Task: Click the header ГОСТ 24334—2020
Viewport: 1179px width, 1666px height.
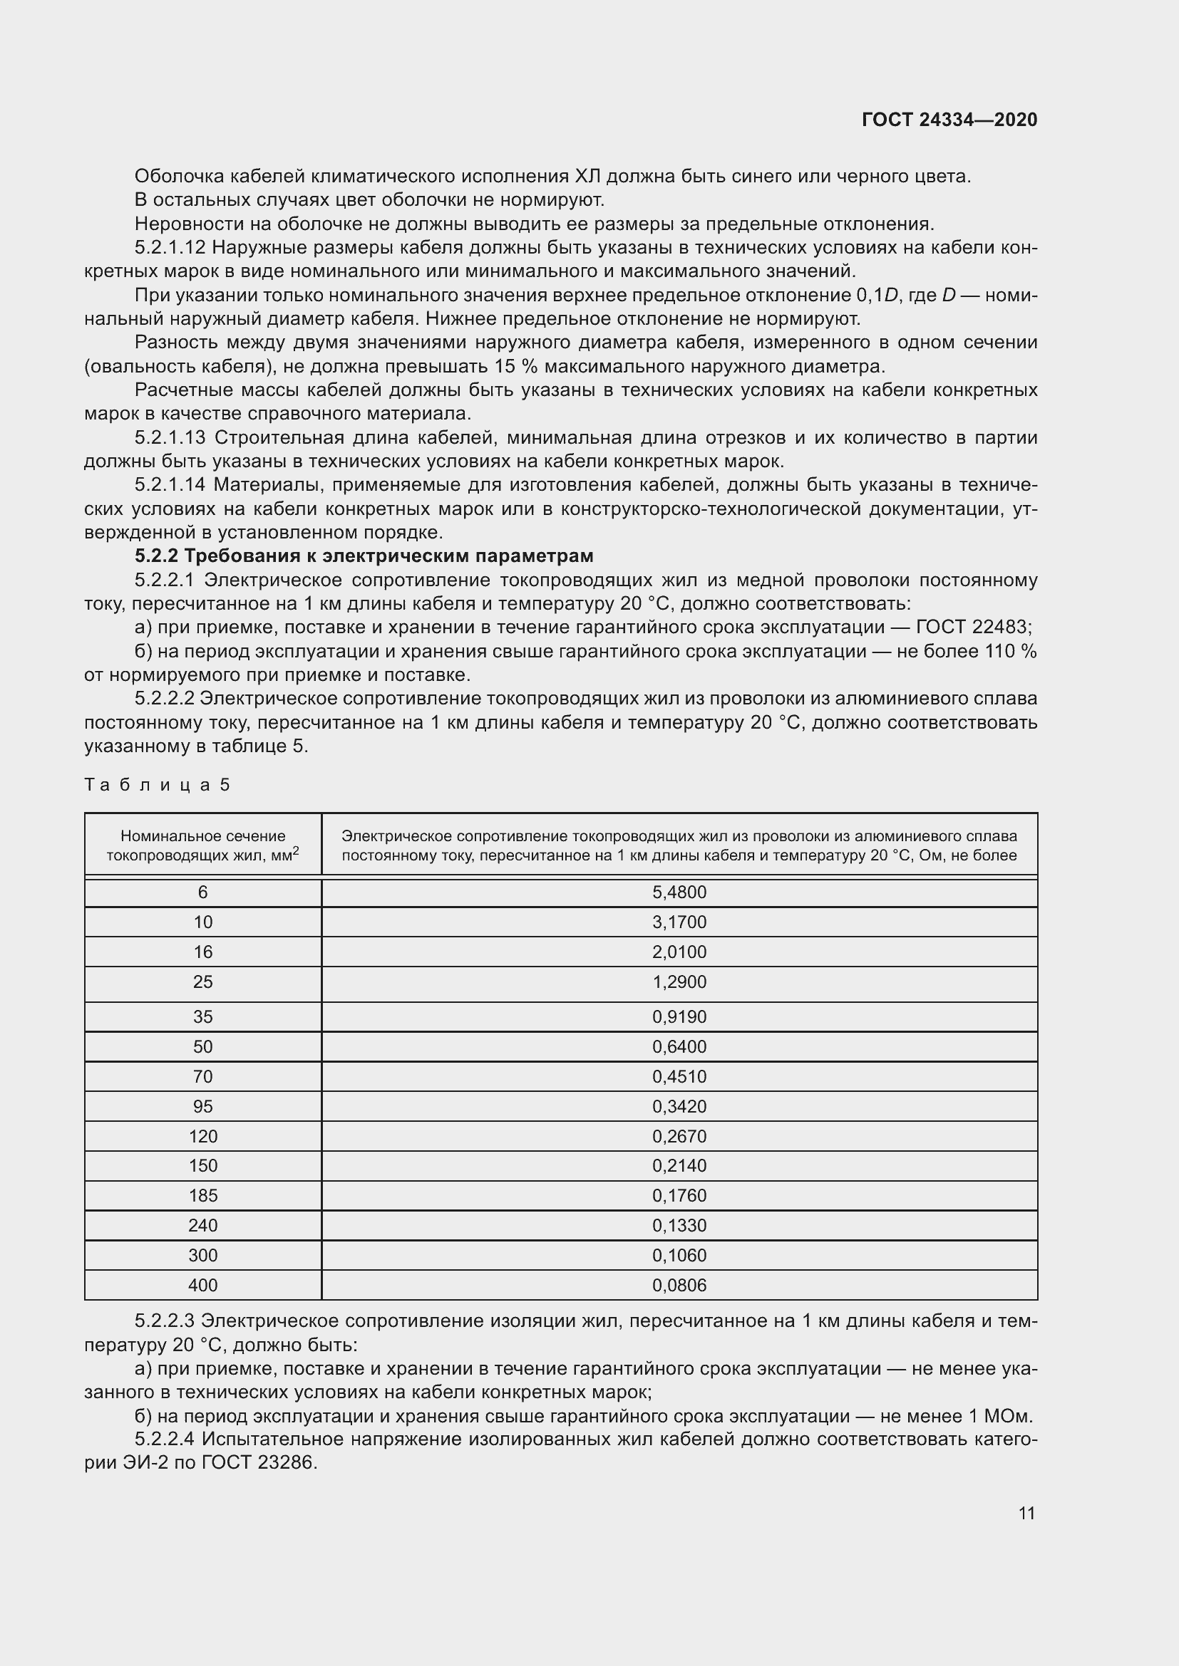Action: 949,120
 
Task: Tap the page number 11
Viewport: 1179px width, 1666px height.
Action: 1026,1513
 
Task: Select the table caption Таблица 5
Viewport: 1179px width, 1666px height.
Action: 158,784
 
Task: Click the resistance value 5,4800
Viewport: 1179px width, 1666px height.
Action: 679,892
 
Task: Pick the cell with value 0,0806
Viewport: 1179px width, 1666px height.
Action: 679,1285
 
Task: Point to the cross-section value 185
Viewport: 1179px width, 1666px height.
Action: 202,1195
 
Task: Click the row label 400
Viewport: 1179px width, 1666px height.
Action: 202,1285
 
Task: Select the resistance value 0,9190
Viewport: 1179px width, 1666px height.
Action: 679,1016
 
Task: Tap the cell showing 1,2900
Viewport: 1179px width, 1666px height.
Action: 679,982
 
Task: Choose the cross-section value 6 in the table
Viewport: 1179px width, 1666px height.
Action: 202,892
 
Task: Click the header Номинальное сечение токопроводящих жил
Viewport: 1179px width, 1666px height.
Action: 202,845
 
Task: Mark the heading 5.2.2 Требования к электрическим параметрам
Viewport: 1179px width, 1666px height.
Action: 364,556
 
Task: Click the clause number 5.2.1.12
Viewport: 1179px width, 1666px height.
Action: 170,247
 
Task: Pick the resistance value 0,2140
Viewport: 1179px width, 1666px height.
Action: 679,1165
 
